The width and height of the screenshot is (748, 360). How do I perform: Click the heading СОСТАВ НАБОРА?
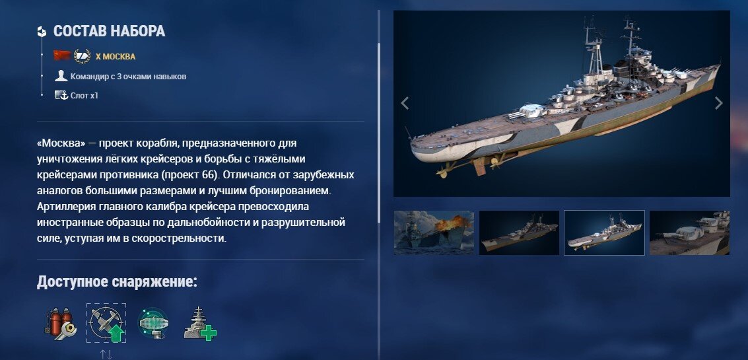tap(109, 31)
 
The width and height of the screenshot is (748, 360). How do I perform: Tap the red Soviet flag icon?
tap(62, 55)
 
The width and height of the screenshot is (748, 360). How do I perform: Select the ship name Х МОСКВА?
tap(116, 56)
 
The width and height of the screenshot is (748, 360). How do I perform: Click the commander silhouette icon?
tap(61, 76)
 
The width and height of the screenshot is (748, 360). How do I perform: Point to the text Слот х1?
tap(84, 96)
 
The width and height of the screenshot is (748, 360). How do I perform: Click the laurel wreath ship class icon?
tap(82, 56)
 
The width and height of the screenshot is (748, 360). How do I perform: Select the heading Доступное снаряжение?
tap(117, 281)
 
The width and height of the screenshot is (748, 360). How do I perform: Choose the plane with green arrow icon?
tap(106, 323)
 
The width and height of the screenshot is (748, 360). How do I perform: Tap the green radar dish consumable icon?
tap(153, 323)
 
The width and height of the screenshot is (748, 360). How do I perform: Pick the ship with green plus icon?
tap(200, 324)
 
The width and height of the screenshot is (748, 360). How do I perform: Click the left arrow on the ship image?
tap(405, 103)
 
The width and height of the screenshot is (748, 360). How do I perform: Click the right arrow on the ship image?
tap(718, 103)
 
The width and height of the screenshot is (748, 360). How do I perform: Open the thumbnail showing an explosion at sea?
tap(434, 233)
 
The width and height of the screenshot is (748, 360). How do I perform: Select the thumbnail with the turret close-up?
tap(689, 233)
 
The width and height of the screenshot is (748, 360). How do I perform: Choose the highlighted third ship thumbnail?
tap(604, 233)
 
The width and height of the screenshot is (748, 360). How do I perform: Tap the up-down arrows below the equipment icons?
tap(106, 354)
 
